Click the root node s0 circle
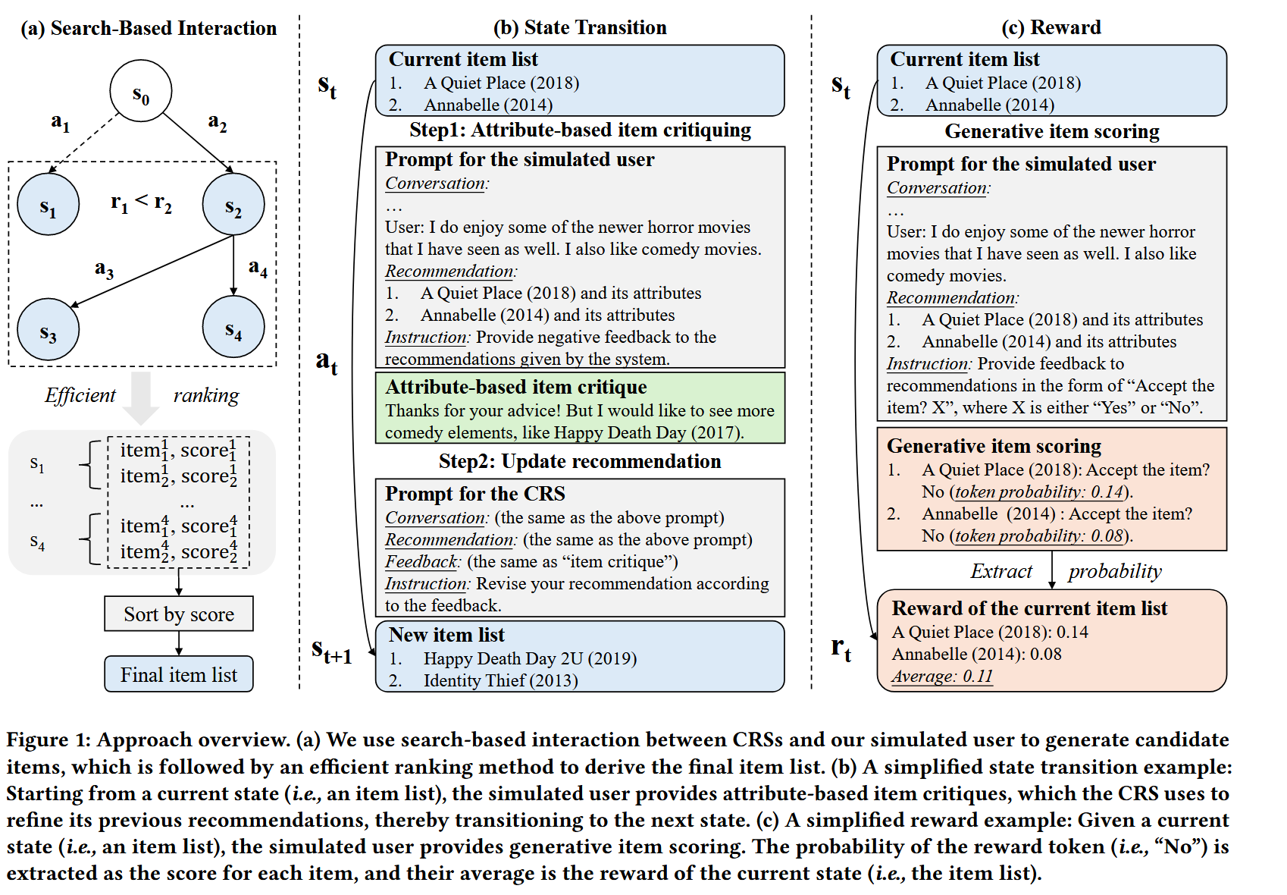click(141, 91)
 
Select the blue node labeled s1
click(49, 204)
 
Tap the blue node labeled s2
click(233, 204)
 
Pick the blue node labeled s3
click(49, 329)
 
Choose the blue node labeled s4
click(233, 327)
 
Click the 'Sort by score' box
click(179, 614)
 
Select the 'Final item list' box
click(179, 674)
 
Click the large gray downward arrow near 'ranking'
click(142, 397)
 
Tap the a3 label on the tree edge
click(105, 268)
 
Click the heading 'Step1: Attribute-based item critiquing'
click(580, 130)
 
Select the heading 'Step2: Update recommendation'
click(580, 461)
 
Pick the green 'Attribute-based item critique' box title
click(515, 387)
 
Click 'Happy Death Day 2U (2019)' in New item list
click(530, 658)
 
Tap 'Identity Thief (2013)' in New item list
click(500, 680)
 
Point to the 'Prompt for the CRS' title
click(475, 494)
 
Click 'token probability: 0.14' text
click(1039, 491)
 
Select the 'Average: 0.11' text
click(942, 676)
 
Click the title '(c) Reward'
click(1051, 27)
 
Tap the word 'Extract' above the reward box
click(1001, 571)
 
